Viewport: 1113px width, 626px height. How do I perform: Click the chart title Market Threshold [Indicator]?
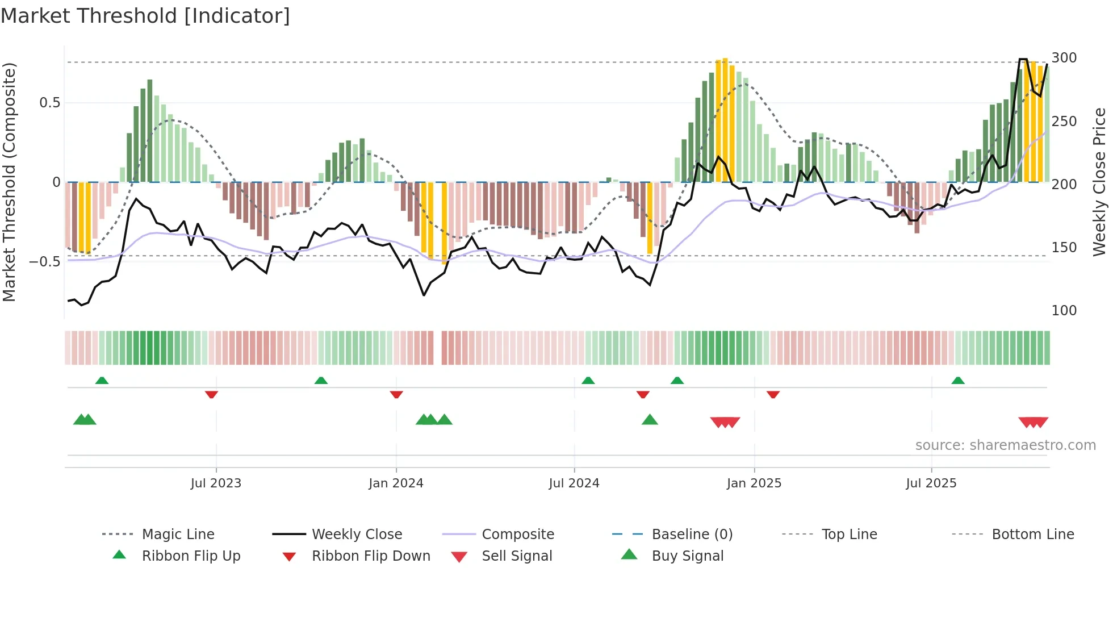(x=145, y=16)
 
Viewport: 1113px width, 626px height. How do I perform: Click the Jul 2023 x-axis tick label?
(x=216, y=483)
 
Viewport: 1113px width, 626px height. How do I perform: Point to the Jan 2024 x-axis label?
(x=396, y=483)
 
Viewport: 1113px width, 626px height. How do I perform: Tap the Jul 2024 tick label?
(x=574, y=483)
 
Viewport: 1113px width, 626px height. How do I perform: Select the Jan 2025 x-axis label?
(x=754, y=483)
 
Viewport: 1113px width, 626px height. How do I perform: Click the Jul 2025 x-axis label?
(x=931, y=483)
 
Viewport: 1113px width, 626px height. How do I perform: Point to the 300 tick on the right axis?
(x=1064, y=58)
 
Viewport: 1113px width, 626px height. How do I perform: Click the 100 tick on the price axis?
(x=1064, y=311)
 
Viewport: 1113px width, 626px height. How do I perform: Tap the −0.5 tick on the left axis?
(x=45, y=262)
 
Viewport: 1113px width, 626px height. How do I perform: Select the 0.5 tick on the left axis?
(x=49, y=103)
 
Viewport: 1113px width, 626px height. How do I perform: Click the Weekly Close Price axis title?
(x=1099, y=182)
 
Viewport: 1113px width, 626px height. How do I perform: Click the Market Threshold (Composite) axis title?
(x=10, y=182)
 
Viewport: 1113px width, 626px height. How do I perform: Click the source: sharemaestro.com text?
(x=1005, y=445)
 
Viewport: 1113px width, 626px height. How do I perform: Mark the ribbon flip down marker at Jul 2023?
(x=211, y=394)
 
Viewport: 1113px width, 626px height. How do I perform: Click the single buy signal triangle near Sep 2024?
(x=650, y=420)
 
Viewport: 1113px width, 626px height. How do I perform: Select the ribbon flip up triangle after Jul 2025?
(x=958, y=380)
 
